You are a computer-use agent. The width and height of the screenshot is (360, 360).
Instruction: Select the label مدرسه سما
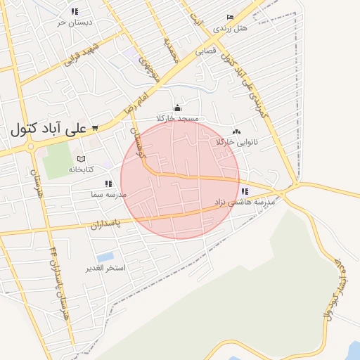(107, 193)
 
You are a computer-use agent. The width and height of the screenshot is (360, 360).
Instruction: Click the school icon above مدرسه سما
(108, 183)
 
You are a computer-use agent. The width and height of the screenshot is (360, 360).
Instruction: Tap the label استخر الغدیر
(105, 269)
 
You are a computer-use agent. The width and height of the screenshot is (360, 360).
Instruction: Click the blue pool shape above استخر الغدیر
(105, 257)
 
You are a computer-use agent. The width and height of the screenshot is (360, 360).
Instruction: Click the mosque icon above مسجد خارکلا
(177, 108)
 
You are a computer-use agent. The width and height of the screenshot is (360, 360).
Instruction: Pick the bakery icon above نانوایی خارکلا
(236, 131)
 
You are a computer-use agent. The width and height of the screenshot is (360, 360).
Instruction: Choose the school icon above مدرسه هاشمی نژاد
(245, 191)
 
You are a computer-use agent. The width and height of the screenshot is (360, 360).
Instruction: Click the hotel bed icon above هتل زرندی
(230, 18)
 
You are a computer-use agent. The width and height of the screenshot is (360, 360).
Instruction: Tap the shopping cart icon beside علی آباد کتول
(95, 129)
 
